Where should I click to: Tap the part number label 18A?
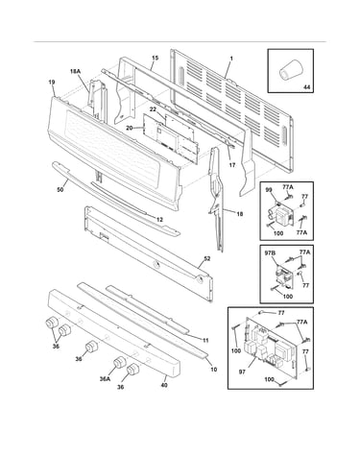click(76, 71)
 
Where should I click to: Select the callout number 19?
click(52, 83)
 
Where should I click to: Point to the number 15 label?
click(155, 58)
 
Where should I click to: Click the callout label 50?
click(60, 190)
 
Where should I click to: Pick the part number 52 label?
click(207, 258)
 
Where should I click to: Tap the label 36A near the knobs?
click(105, 379)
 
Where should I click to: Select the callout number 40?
click(164, 385)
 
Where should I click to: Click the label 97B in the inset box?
click(270, 253)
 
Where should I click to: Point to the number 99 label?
click(269, 189)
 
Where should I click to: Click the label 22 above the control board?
click(153, 109)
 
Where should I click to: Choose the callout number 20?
click(130, 128)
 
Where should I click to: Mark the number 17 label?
click(232, 165)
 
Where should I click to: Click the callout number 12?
click(159, 220)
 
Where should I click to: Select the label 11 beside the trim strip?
click(205, 341)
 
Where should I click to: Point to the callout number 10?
click(214, 370)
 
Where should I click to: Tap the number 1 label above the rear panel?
click(231, 59)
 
